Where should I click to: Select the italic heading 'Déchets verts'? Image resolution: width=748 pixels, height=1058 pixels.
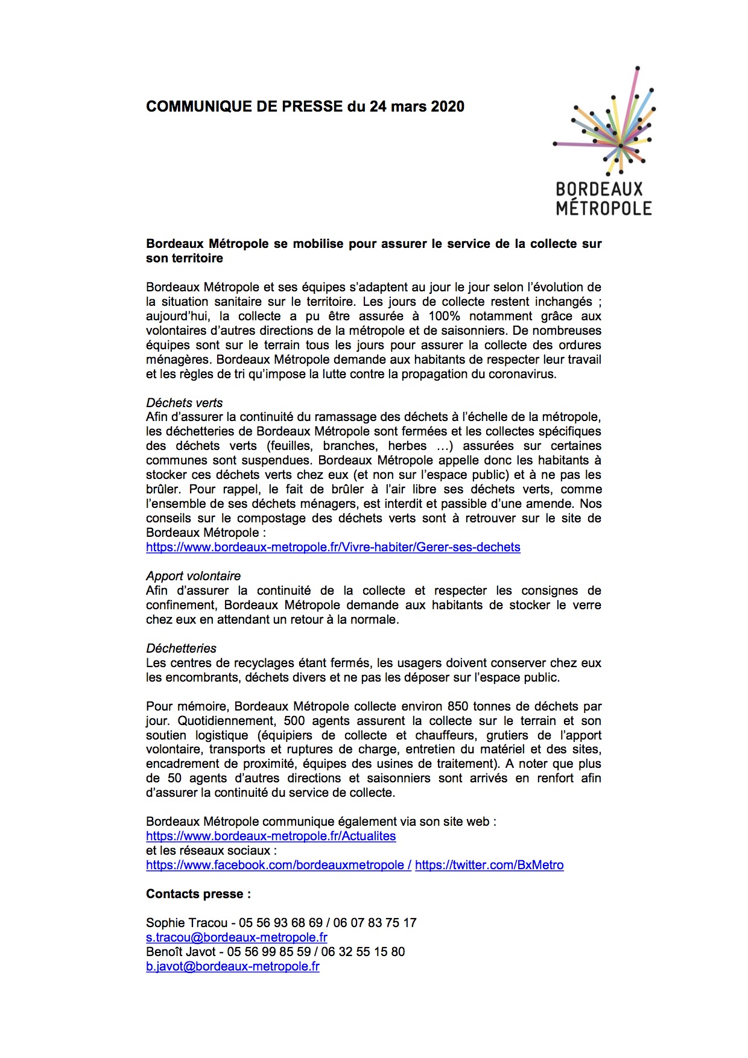tap(184, 403)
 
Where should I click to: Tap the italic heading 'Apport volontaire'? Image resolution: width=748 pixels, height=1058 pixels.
tap(193, 576)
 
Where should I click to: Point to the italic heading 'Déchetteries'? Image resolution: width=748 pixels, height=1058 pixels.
tap(181, 648)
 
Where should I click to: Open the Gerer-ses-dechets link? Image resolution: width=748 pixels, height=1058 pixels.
tap(333, 547)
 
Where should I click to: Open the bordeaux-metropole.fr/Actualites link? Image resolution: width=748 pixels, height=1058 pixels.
tap(271, 836)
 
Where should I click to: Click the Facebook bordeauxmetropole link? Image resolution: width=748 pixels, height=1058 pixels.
tap(278, 865)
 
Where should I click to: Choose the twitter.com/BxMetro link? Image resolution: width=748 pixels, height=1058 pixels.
tap(489, 865)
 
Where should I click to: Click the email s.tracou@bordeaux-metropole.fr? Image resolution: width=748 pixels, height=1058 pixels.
tap(236, 937)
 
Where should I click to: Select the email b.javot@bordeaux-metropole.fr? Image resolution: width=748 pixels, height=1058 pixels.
tap(232, 966)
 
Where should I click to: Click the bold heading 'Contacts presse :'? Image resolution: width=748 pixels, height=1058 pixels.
tap(198, 894)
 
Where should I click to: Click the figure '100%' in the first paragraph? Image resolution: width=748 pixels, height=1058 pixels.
tap(444, 316)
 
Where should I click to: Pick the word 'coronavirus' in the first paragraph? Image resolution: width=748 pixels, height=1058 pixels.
tap(518, 374)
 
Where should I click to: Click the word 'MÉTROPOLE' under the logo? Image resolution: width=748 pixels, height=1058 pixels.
tap(604, 208)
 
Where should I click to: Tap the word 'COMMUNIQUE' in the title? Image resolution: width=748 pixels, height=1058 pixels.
tap(191, 107)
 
